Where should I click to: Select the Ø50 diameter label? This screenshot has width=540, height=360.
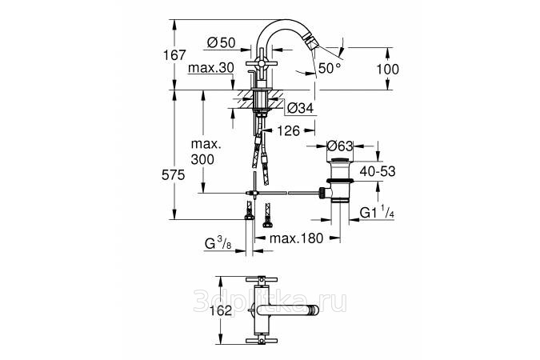click(x=221, y=42)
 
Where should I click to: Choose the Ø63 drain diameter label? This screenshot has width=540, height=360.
click(x=341, y=146)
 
